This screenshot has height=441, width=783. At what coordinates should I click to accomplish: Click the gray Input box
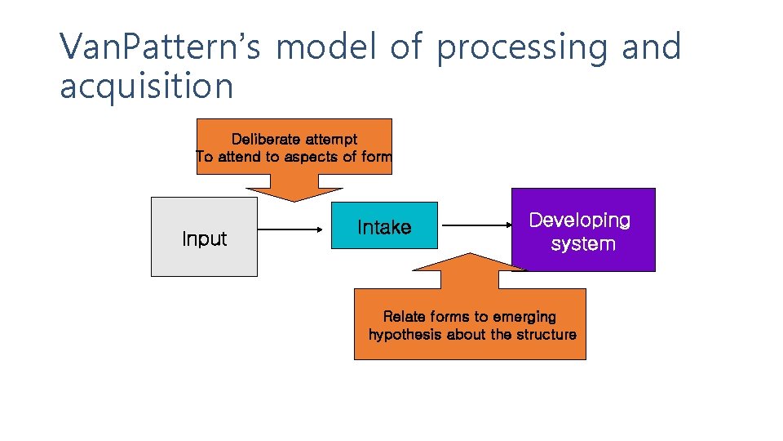pyautogui.click(x=204, y=237)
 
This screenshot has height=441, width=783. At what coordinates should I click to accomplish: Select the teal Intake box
pyautogui.click(x=384, y=225)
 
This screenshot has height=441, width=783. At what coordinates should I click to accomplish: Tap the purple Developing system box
pyautogui.click(x=582, y=229)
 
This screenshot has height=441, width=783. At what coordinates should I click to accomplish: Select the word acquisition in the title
pyautogui.click(x=146, y=86)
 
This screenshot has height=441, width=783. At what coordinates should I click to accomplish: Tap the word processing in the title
pyautogui.click(x=522, y=47)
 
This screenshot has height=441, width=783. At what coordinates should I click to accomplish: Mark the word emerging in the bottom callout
pyautogui.click(x=520, y=317)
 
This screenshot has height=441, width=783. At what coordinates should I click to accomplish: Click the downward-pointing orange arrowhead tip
pyautogui.click(x=294, y=200)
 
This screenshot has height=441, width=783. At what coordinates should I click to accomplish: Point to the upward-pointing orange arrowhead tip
pyautogui.click(x=469, y=255)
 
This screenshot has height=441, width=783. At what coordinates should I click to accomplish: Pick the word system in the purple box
pyautogui.click(x=582, y=244)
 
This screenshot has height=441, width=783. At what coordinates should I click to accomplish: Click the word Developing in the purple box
pyautogui.click(x=580, y=220)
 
